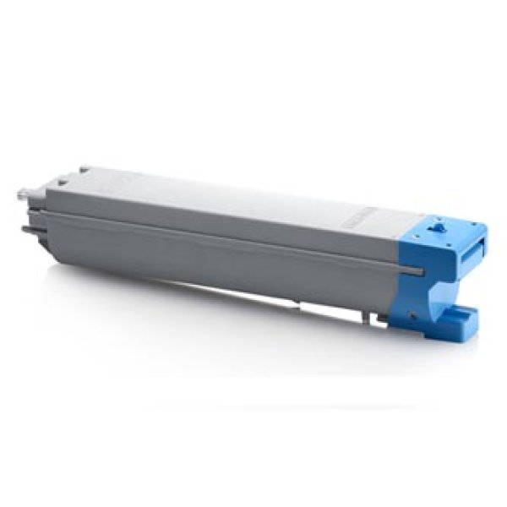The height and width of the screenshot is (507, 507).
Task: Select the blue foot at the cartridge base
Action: click(463, 317)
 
